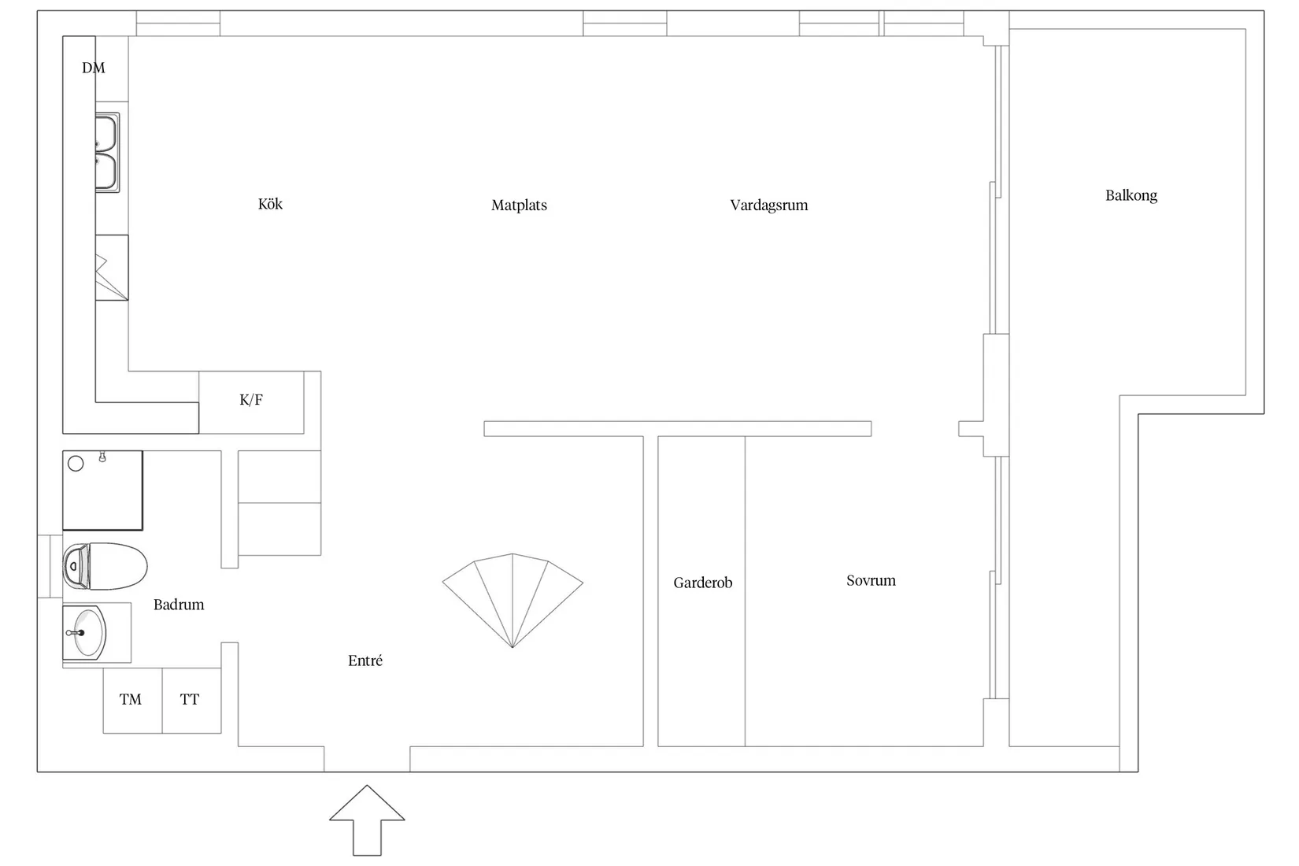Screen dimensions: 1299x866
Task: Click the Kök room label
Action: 270,204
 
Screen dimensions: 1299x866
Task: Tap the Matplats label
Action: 519,205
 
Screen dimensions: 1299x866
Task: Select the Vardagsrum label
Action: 769,205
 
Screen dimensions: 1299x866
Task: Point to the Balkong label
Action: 1131,196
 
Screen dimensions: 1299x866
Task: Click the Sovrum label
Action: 871,581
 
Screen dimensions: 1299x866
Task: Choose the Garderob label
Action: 703,583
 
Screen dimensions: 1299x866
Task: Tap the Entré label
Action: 365,661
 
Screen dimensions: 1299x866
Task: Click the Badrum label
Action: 179,605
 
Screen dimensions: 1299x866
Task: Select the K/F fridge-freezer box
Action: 251,402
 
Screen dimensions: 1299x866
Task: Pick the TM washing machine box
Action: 133,700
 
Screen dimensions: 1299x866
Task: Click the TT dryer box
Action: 192,700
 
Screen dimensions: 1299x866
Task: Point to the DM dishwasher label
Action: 94,68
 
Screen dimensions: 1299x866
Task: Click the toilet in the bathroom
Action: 105,566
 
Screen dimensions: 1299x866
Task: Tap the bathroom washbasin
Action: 85,633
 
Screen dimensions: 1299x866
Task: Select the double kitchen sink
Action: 107,153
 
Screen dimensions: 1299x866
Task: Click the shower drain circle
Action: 76,464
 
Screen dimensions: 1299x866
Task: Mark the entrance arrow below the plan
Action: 367,820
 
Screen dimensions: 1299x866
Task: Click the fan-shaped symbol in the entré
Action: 513,601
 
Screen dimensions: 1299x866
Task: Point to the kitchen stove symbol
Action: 111,268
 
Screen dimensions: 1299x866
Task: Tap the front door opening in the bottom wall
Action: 367,759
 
